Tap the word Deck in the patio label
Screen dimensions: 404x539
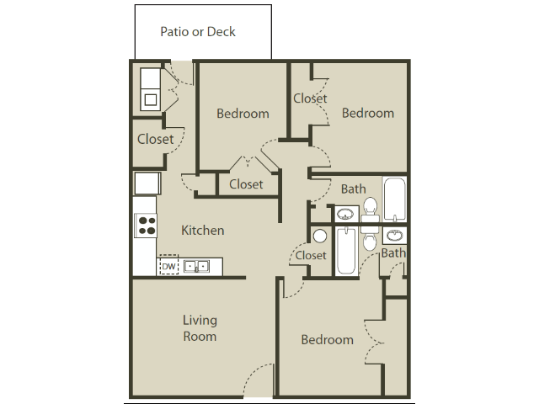tap(221, 32)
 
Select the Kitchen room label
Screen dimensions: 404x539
tap(203, 230)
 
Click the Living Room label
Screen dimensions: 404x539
tap(200, 328)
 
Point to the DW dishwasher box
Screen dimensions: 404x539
tap(168, 266)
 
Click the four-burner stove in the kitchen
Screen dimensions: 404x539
tap(146, 225)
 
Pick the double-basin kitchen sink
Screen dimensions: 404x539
tap(197, 267)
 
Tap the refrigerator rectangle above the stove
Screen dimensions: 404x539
tap(146, 183)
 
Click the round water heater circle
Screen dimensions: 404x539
tap(319, 237)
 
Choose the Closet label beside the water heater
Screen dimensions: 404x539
tap(310, 255)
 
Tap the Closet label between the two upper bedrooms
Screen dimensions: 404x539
tap(310, 98)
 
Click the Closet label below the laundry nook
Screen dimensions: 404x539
tap(155, 139)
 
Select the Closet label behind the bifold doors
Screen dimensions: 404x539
tap(246, 183)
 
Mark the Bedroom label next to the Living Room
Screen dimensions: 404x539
tap(327, 339)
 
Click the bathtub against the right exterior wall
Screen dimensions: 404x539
tap(394, 199)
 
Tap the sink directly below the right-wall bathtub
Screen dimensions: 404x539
tap(394, 234)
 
